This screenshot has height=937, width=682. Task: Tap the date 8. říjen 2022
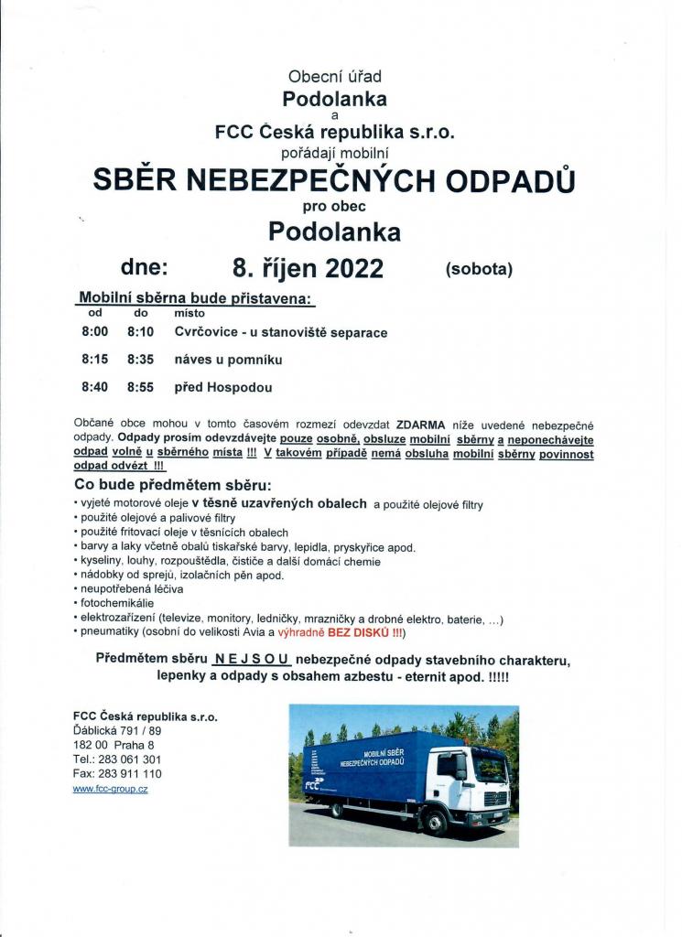pyautogui.click(x=308, y=268)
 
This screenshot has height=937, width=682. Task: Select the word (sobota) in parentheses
pyautogui.click(x=479, y=269)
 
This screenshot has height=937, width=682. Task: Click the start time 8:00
pyautogui.click(x=94, y=332)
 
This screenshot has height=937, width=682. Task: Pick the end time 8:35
pyautogui.click(x=141, y=360)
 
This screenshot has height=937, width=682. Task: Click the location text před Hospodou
pyautogui.click(x=222, y=387)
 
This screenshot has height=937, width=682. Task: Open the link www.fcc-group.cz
pyautogui.click(x=110, y=789)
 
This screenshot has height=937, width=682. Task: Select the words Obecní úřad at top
pyautogui.click(x=334, y=79)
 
